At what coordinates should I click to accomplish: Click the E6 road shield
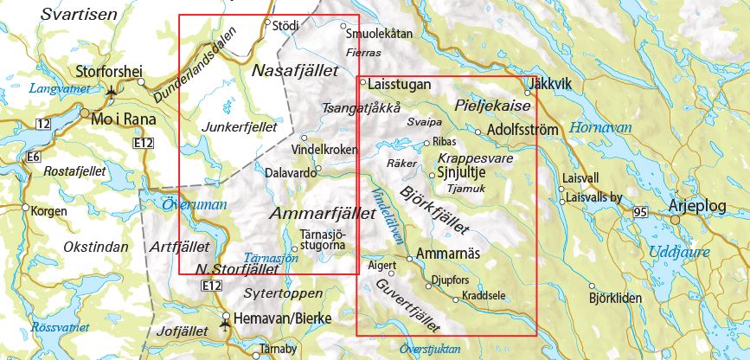[x=34, y=157]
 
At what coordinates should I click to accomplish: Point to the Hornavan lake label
[x=600, y=127]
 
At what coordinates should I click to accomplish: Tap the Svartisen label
[x=78, y=15]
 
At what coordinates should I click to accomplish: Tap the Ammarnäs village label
[x=448, y=254]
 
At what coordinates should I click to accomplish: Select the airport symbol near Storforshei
[x=112, y=89]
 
